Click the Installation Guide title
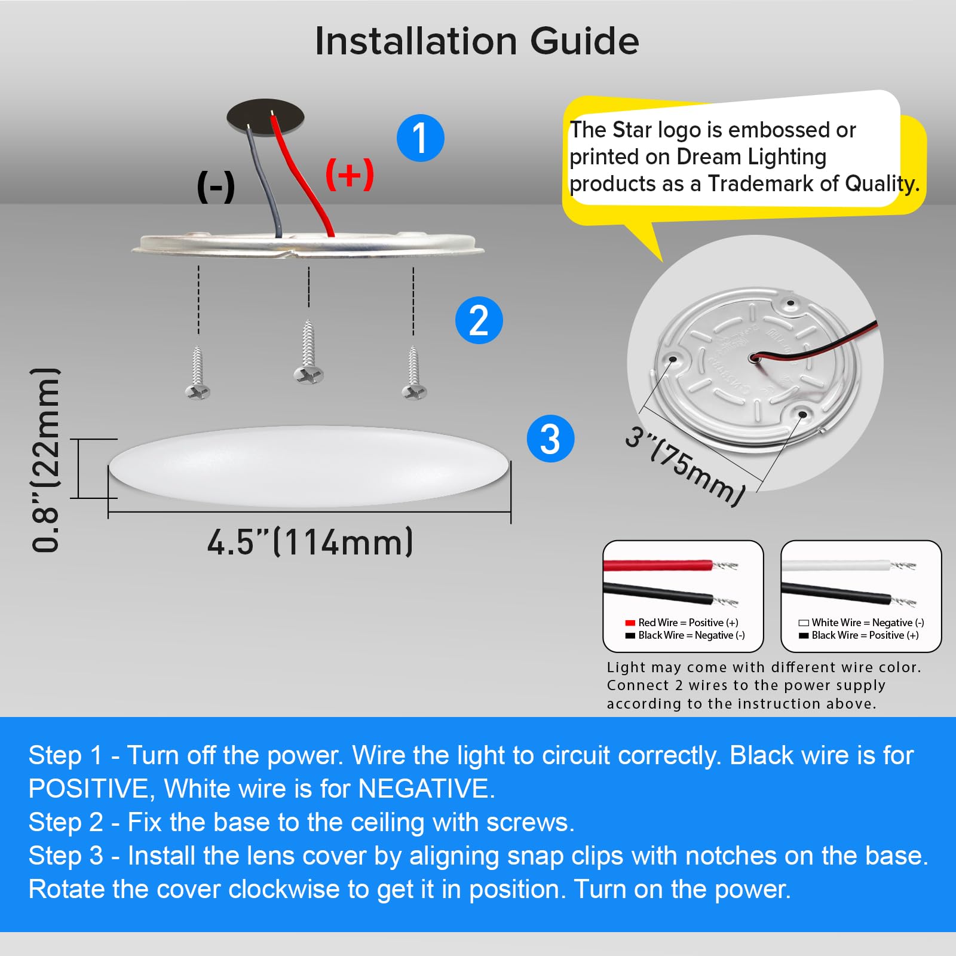click(477, 41)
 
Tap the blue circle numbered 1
click(421, 138)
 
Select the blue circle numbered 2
click(479, 320)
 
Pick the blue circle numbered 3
click(550, 439)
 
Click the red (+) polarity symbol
click(350, 174)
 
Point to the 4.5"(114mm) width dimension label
click(310, 543)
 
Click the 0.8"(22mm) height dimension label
click(46, 460)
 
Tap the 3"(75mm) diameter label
click(685, 466)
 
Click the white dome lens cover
click(309, 466)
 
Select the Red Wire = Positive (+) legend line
click(687, 623)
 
